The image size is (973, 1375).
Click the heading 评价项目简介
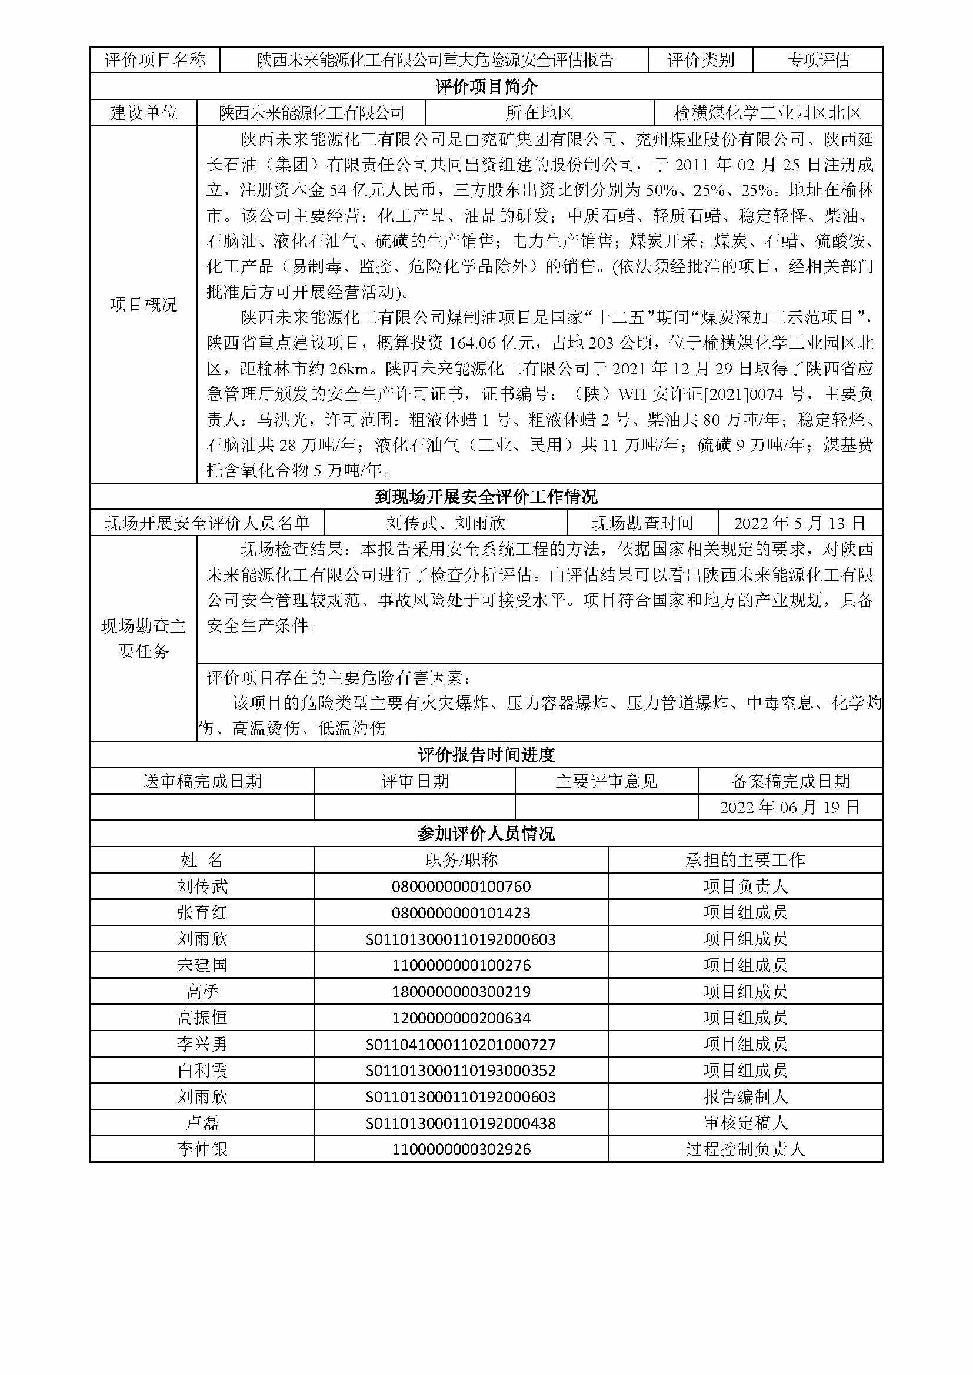486,87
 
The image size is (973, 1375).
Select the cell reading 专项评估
818,60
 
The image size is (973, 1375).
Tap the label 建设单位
144,113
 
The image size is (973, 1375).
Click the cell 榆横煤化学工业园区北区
768,113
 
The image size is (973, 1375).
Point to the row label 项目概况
144,305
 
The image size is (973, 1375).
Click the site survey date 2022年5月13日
799,523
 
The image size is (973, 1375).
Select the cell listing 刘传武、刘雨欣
446,523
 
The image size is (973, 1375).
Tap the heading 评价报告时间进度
486,755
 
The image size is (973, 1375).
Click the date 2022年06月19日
789,807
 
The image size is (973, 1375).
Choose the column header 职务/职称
461,860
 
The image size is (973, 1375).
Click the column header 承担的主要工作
745,860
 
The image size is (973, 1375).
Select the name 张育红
202,913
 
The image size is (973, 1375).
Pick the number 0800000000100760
461,886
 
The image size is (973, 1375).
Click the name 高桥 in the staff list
202,992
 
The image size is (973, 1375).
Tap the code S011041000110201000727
461,1045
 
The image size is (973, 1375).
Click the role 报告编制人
745,1096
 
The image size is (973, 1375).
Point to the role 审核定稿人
745,1123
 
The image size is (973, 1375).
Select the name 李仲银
202,1149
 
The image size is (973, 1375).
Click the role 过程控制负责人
745,1149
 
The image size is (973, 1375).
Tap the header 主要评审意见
607,781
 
